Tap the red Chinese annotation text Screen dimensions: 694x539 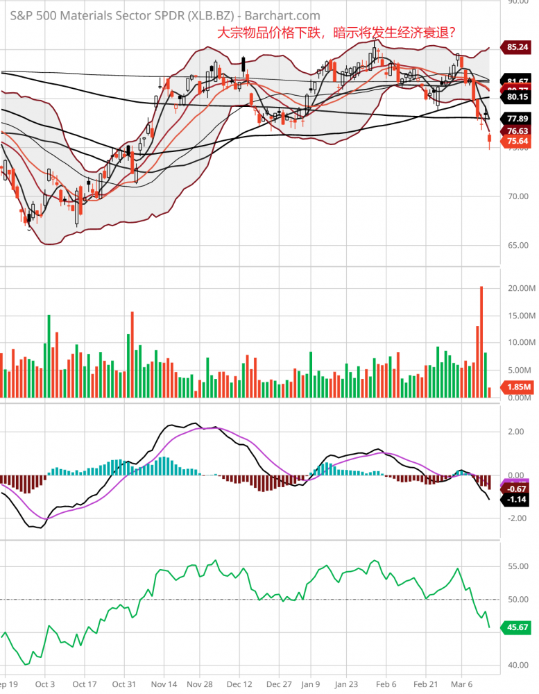coord(336,33)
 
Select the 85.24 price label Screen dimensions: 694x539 coord(518,47)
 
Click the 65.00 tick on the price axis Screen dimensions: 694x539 coord(518,245)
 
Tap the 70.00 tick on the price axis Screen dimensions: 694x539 coord(518,196)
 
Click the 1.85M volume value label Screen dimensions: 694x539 coord(518,387)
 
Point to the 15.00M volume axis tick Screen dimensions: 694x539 coord(520,316)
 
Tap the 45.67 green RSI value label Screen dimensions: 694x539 coord(518,627)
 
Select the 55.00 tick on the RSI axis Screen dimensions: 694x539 coord(518,566)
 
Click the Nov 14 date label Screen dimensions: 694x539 coord(165,683)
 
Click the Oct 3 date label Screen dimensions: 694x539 coord(45,683)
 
